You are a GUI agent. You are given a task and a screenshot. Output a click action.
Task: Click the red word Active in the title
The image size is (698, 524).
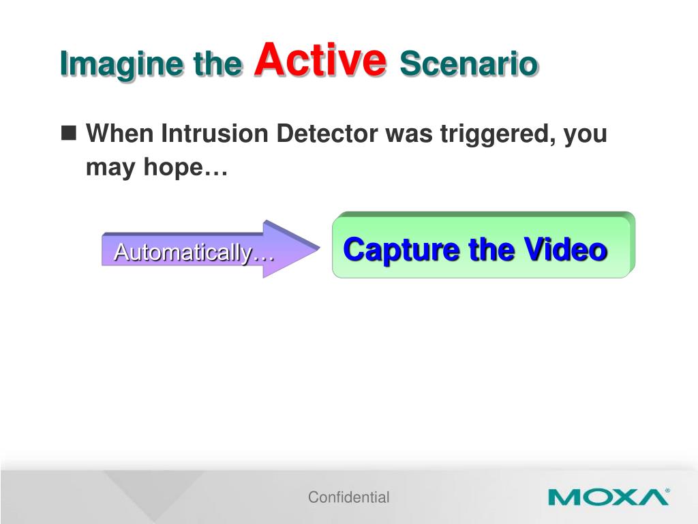(x=320, y=60)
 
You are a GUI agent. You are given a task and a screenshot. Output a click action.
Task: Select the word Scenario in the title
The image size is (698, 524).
(x=469, y=63)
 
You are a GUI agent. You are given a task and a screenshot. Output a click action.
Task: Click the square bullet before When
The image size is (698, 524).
(x=69, y=133)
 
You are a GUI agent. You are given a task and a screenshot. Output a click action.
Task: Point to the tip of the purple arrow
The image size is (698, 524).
(x=320, y=247)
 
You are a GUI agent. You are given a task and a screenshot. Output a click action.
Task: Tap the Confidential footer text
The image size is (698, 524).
(x=348, y=497)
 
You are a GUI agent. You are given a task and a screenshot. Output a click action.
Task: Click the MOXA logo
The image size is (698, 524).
(x=609, y=497)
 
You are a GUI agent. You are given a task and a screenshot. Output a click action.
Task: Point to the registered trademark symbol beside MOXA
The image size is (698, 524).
(x=667, y=490)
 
